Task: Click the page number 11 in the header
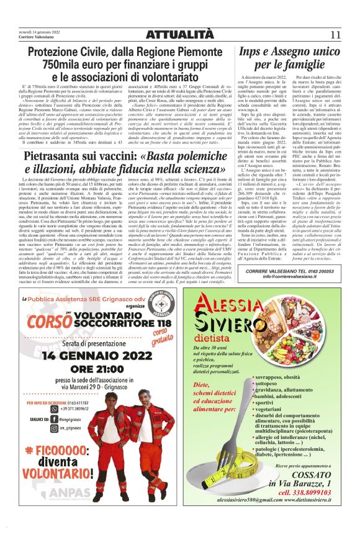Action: coord(335,34)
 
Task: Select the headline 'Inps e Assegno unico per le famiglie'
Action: coord(294,58)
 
